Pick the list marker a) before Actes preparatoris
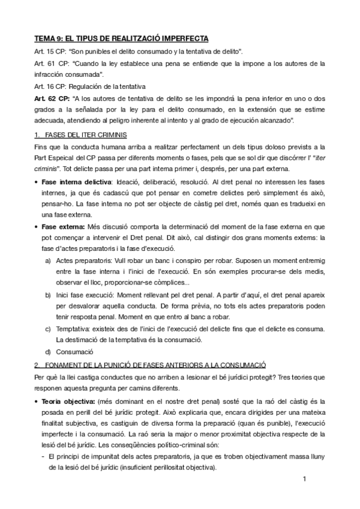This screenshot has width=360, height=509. pos(48,262)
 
